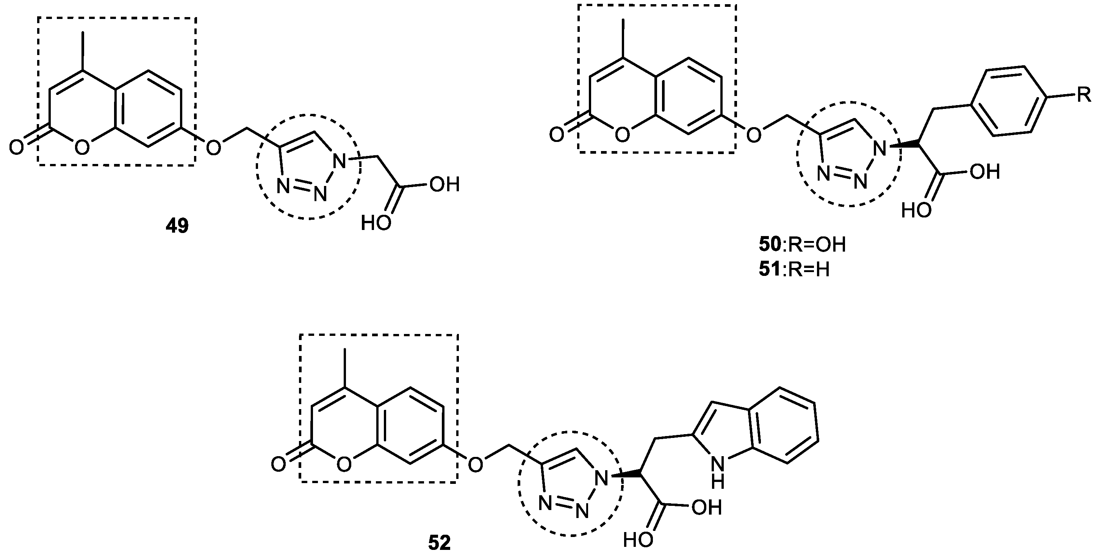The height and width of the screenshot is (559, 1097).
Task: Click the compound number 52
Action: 439,544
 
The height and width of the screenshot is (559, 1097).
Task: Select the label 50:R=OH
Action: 802,245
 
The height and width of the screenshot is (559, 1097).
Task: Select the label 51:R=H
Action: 794,269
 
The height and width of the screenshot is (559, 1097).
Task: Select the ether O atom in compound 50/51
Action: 753,135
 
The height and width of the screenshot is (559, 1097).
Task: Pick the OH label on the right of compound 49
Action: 444,185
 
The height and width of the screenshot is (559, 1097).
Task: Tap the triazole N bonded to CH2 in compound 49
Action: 339,162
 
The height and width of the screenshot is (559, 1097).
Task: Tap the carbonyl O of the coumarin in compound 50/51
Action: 557,135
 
